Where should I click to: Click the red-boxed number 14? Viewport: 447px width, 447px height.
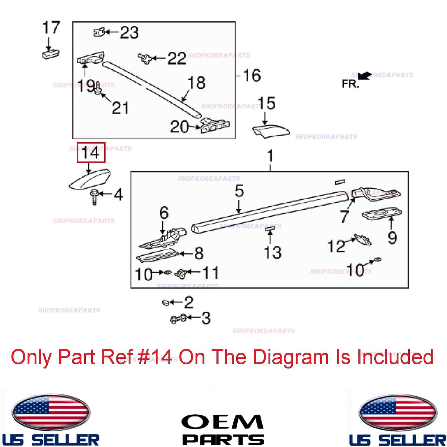[x=91, y=153]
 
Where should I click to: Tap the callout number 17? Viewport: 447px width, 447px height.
[x=51, y=27]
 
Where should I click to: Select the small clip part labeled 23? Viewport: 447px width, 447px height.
[x=99, y=32]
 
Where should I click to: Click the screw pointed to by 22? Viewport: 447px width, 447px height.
[x=145, y=58]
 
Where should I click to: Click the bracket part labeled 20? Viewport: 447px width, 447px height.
[x=215, y=126]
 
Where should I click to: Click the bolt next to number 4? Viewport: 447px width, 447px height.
[x=94, y=197]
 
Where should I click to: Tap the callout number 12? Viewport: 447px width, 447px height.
[x=336, y=246]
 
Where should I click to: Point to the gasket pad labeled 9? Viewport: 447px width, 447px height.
[x=382, y=213]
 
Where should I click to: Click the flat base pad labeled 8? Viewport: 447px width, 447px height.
[x=158, y=255]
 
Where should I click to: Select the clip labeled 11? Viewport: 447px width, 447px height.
[x=181, y=273]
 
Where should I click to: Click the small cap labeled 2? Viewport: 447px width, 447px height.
[x=166, y=303]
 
